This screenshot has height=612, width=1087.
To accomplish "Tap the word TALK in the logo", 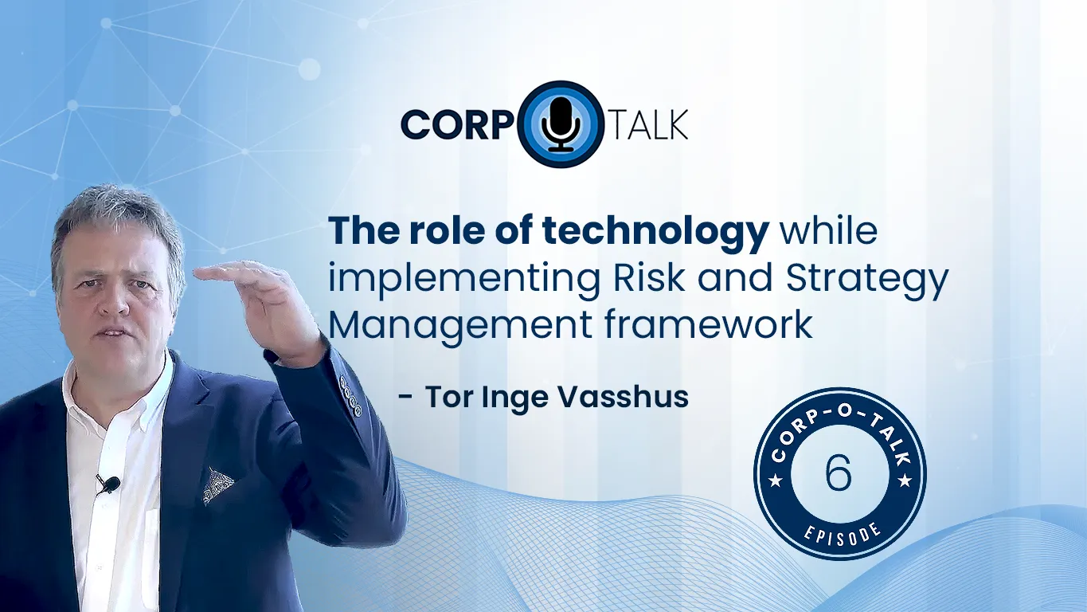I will pos(648,125).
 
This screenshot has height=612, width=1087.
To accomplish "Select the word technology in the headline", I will pos(655,232).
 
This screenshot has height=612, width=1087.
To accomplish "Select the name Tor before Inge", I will pos(447,396).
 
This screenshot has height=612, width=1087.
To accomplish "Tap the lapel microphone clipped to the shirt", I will pos(109,483).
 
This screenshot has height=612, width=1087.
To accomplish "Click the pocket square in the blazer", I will pos(217,484).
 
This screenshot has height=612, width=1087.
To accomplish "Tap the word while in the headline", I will pos(828,232).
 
